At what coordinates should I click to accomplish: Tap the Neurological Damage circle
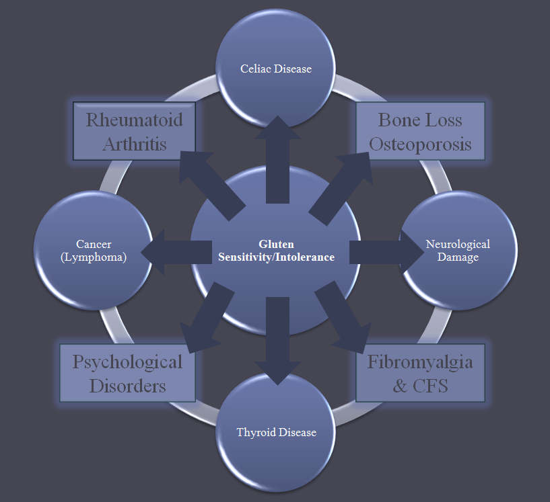(458, 250)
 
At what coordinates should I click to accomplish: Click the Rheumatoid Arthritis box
(134, 131)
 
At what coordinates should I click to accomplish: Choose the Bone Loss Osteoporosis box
(420, 131)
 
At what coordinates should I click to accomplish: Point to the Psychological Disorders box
(127, 373)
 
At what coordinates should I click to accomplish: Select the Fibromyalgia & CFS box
(420, 373)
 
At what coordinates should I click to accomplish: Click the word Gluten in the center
(276, 244)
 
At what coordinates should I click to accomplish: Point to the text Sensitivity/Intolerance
(276, 257)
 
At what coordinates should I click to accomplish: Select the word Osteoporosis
(420, 143)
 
